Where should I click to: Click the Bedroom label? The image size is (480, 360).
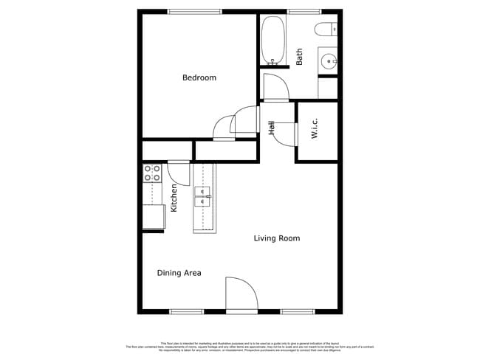coord(199,77)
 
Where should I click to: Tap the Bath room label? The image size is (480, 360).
coord(299,57)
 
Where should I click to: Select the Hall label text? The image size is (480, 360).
coord(272,129)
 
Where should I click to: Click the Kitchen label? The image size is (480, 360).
coord(174,198)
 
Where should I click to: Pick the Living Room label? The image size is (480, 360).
coord(277,238)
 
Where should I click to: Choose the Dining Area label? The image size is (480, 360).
coord(179,273)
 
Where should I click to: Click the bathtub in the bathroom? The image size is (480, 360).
coord(272,41)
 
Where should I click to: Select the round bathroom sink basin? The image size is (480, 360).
coord(328,60)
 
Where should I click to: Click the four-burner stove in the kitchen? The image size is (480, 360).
coord(152,173)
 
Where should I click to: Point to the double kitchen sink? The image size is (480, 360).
coord(203,195)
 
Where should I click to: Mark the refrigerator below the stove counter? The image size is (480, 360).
coord(153,217)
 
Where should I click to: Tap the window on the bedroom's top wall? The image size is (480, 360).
coord(194,11)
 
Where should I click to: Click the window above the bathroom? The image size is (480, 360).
coord(298,11)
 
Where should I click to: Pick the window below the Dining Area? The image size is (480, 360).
coord(187,311)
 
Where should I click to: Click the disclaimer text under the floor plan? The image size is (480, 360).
coord(240,346)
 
